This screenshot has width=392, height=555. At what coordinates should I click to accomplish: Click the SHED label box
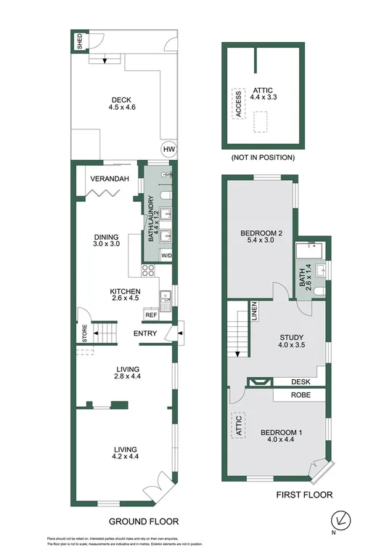tap(78, 42)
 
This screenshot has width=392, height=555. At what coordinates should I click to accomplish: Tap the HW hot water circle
tap(169, 150)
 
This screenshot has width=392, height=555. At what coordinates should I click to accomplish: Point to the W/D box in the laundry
tap(166, 256)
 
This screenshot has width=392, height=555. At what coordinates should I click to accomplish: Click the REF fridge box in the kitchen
tap(151, 315)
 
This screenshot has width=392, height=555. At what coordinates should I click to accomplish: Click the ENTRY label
tap(146, 333)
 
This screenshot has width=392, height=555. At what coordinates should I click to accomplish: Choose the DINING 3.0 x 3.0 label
tap(110, 240)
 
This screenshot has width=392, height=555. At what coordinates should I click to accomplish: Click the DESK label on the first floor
tap(301, 381)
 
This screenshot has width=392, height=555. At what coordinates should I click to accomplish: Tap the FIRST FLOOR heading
tap(303, 495)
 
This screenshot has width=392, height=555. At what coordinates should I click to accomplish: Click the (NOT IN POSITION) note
tap(262, 157)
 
